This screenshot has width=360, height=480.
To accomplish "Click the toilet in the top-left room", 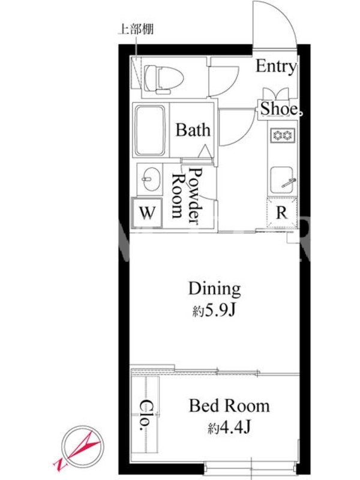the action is click(163, 79).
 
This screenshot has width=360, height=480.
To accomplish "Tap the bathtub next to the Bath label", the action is click(150, 131).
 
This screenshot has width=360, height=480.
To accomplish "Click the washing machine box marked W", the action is click(147, 212).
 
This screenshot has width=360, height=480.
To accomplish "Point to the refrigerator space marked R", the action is click(281, 212).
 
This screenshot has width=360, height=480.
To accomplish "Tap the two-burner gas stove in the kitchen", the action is click(282, 135).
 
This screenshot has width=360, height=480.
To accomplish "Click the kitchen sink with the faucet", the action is click(281, 181).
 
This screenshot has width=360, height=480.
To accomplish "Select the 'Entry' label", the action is click(276, 67).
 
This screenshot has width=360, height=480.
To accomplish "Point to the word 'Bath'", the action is click(193, 130).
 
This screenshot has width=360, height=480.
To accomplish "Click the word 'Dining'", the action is click(214, 289).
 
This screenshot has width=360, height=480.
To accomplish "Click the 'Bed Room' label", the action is click(229, 406).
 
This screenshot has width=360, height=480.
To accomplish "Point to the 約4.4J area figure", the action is click(229, 427).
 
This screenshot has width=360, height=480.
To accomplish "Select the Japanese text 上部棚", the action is click(136, 29).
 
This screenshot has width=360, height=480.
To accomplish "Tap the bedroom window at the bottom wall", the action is click(250, 468).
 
